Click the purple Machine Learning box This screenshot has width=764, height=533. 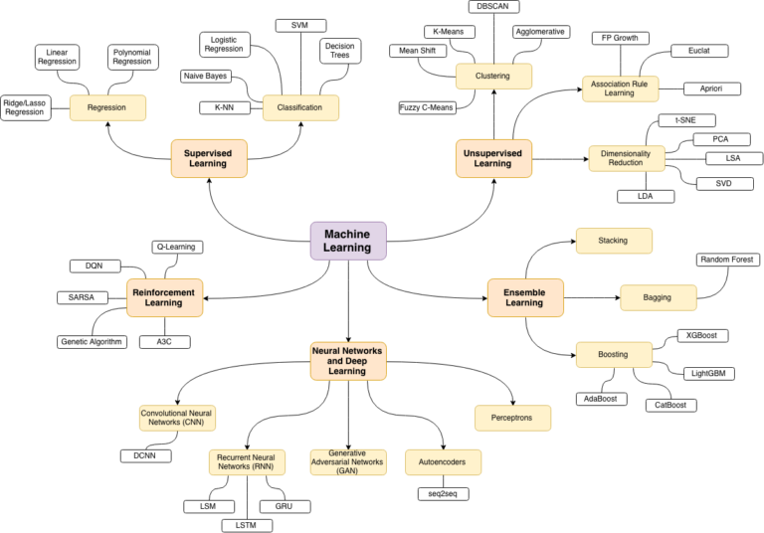(x=348, y=241)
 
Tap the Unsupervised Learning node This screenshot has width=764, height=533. (x=494, y=156)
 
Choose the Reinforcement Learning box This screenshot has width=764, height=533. (x=165, y=296)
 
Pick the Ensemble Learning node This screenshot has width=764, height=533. (x=525, y=296)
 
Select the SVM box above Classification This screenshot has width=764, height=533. (x=300, y=24)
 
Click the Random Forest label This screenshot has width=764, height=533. (x=727, y=260)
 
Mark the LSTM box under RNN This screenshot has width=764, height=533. (x=246, y=523)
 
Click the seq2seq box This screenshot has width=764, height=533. (x=442, y=493)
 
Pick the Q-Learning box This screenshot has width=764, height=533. (x=176, y=247)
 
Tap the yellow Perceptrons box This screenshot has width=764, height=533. (x=512, y=417)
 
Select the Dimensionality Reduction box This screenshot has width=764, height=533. (x=626, y=157)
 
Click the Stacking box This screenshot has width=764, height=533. (x=613, y=240)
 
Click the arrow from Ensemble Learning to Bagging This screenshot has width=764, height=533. (x=592, y=296)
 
